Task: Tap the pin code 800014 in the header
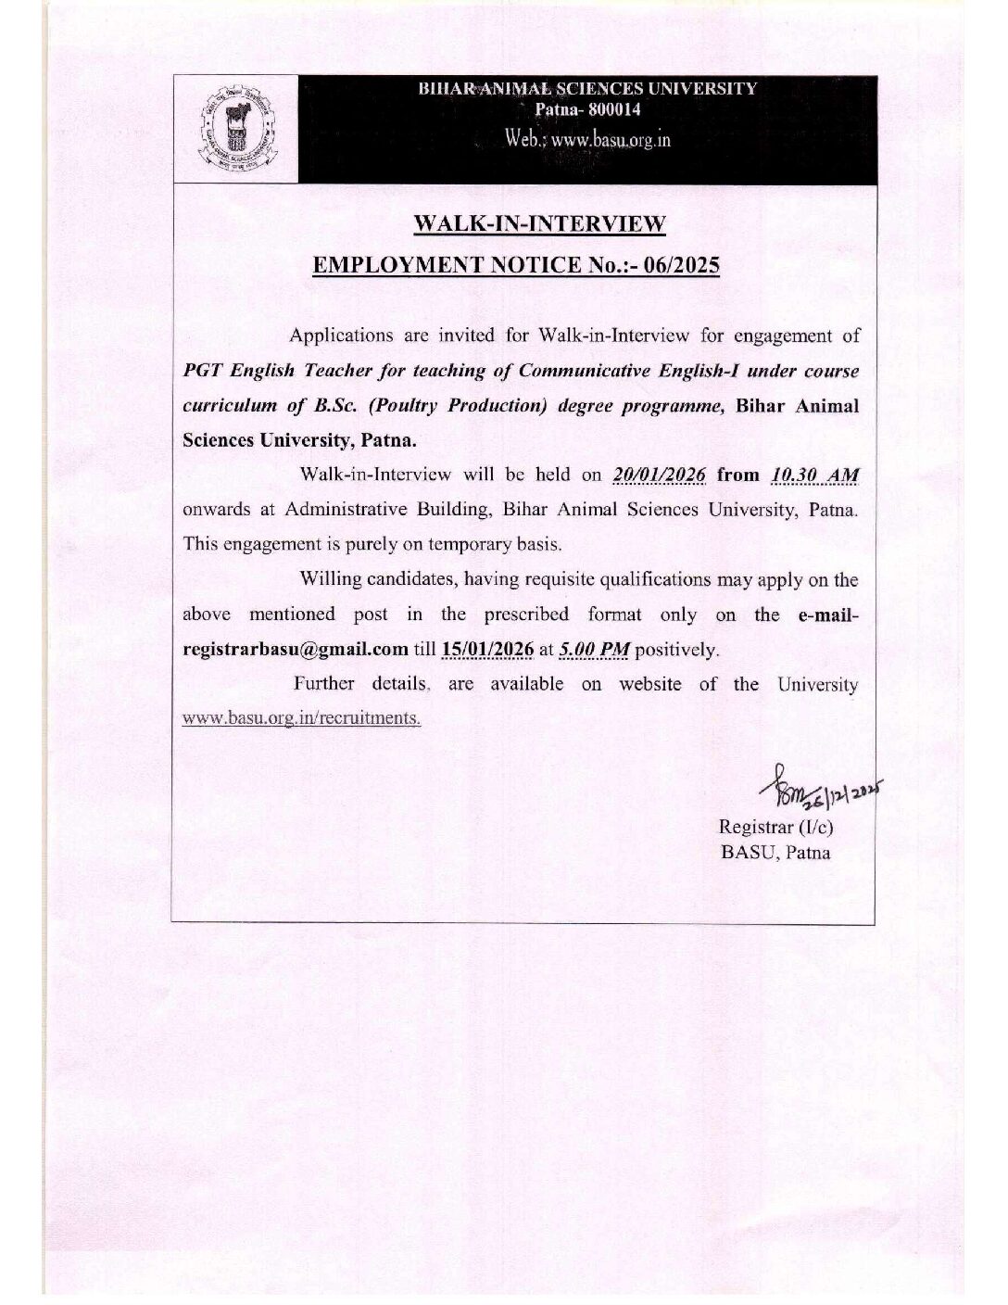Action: [x=608, y=109]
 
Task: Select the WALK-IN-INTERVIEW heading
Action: [x=539, y=223]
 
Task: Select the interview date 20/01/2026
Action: [x=660, y=475]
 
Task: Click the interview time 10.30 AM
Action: [x=814, y=475]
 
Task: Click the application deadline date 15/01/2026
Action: [x=488, y=648]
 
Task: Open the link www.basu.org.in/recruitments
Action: [x=302, y=717]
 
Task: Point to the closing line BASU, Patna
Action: [x=775, y=853]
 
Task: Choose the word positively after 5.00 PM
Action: [x=676, y=649]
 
